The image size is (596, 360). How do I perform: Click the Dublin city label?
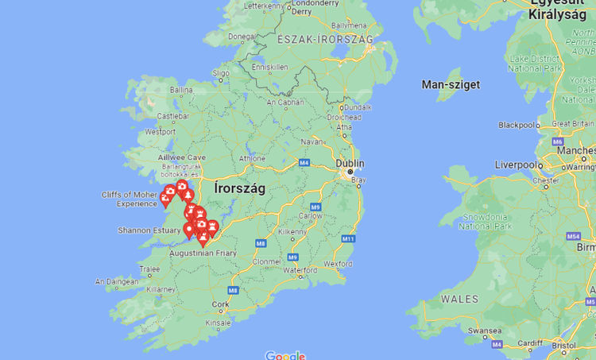(x=350, y=163)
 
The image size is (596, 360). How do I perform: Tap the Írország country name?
(x=239, y=188)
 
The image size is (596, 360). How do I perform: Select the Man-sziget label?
(x=451, y=85)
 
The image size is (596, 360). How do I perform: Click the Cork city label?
(x=221, y=304)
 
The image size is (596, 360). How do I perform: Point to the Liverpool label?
(x=517, y=165)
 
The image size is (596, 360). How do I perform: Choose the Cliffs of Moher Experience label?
(x=129, y=199)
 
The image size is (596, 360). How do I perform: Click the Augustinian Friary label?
(x=203, y=253)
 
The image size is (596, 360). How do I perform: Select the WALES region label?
(x=460, y=299)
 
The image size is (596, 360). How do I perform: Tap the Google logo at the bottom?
(x=285, y=355)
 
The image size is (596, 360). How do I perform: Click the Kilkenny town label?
(x=292, y=232)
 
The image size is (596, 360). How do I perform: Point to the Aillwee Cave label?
(x=182, y=157)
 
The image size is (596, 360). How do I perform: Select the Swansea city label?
(x=483, y=331)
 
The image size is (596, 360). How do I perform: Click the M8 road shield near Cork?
(x=233, y=291)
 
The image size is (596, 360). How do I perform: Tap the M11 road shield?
(x=347, y=238)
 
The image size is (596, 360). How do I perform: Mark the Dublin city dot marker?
(x=349, y=172)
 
